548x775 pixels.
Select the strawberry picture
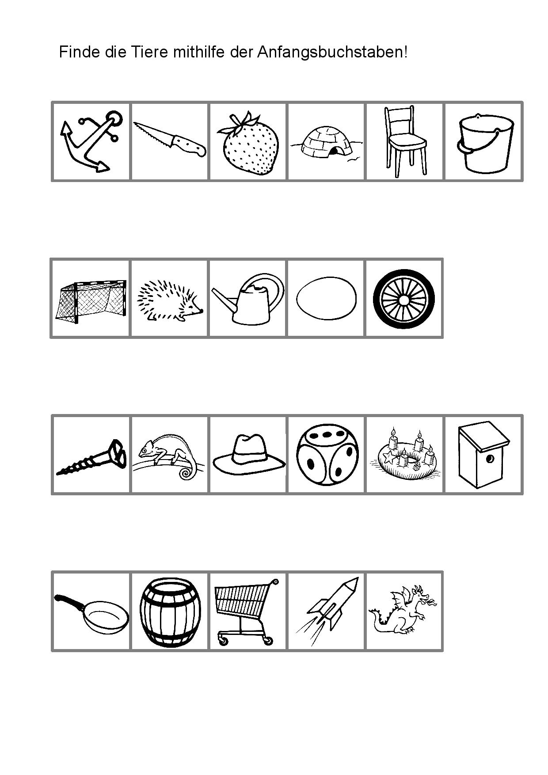248,144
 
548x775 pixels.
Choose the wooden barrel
170,612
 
